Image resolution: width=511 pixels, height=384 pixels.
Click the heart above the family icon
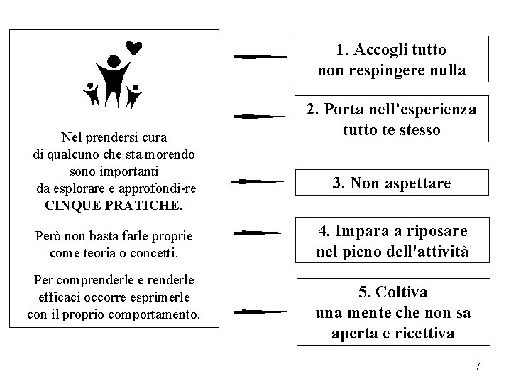133,48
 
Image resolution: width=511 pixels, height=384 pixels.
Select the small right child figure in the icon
134,95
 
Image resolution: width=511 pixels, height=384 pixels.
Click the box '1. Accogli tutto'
392,60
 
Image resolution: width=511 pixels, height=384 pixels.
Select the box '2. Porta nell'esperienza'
392,120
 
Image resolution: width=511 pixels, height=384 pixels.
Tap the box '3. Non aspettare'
392,183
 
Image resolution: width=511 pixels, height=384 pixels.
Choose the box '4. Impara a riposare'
392,242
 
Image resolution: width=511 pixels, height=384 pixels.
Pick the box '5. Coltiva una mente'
392,313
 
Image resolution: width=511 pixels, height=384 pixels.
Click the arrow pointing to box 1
260,55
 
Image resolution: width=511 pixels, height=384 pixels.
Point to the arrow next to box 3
260,182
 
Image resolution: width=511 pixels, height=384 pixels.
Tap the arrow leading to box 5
260,311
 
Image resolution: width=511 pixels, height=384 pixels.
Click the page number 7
478,366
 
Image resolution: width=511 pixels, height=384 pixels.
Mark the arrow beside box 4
260,232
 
